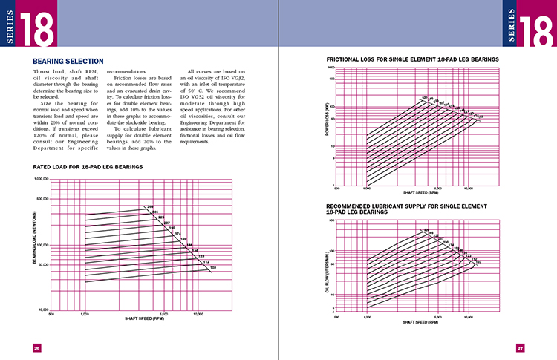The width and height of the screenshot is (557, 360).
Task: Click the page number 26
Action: (36, 347)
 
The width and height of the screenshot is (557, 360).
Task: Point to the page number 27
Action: (521, 347)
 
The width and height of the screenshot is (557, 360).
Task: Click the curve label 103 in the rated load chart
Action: (213, 267)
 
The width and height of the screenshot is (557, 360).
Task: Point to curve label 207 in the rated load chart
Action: (168, 223)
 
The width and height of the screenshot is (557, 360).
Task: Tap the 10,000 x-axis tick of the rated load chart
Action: (198, 314)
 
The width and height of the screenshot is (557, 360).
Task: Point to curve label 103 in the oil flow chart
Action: (478, 261)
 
